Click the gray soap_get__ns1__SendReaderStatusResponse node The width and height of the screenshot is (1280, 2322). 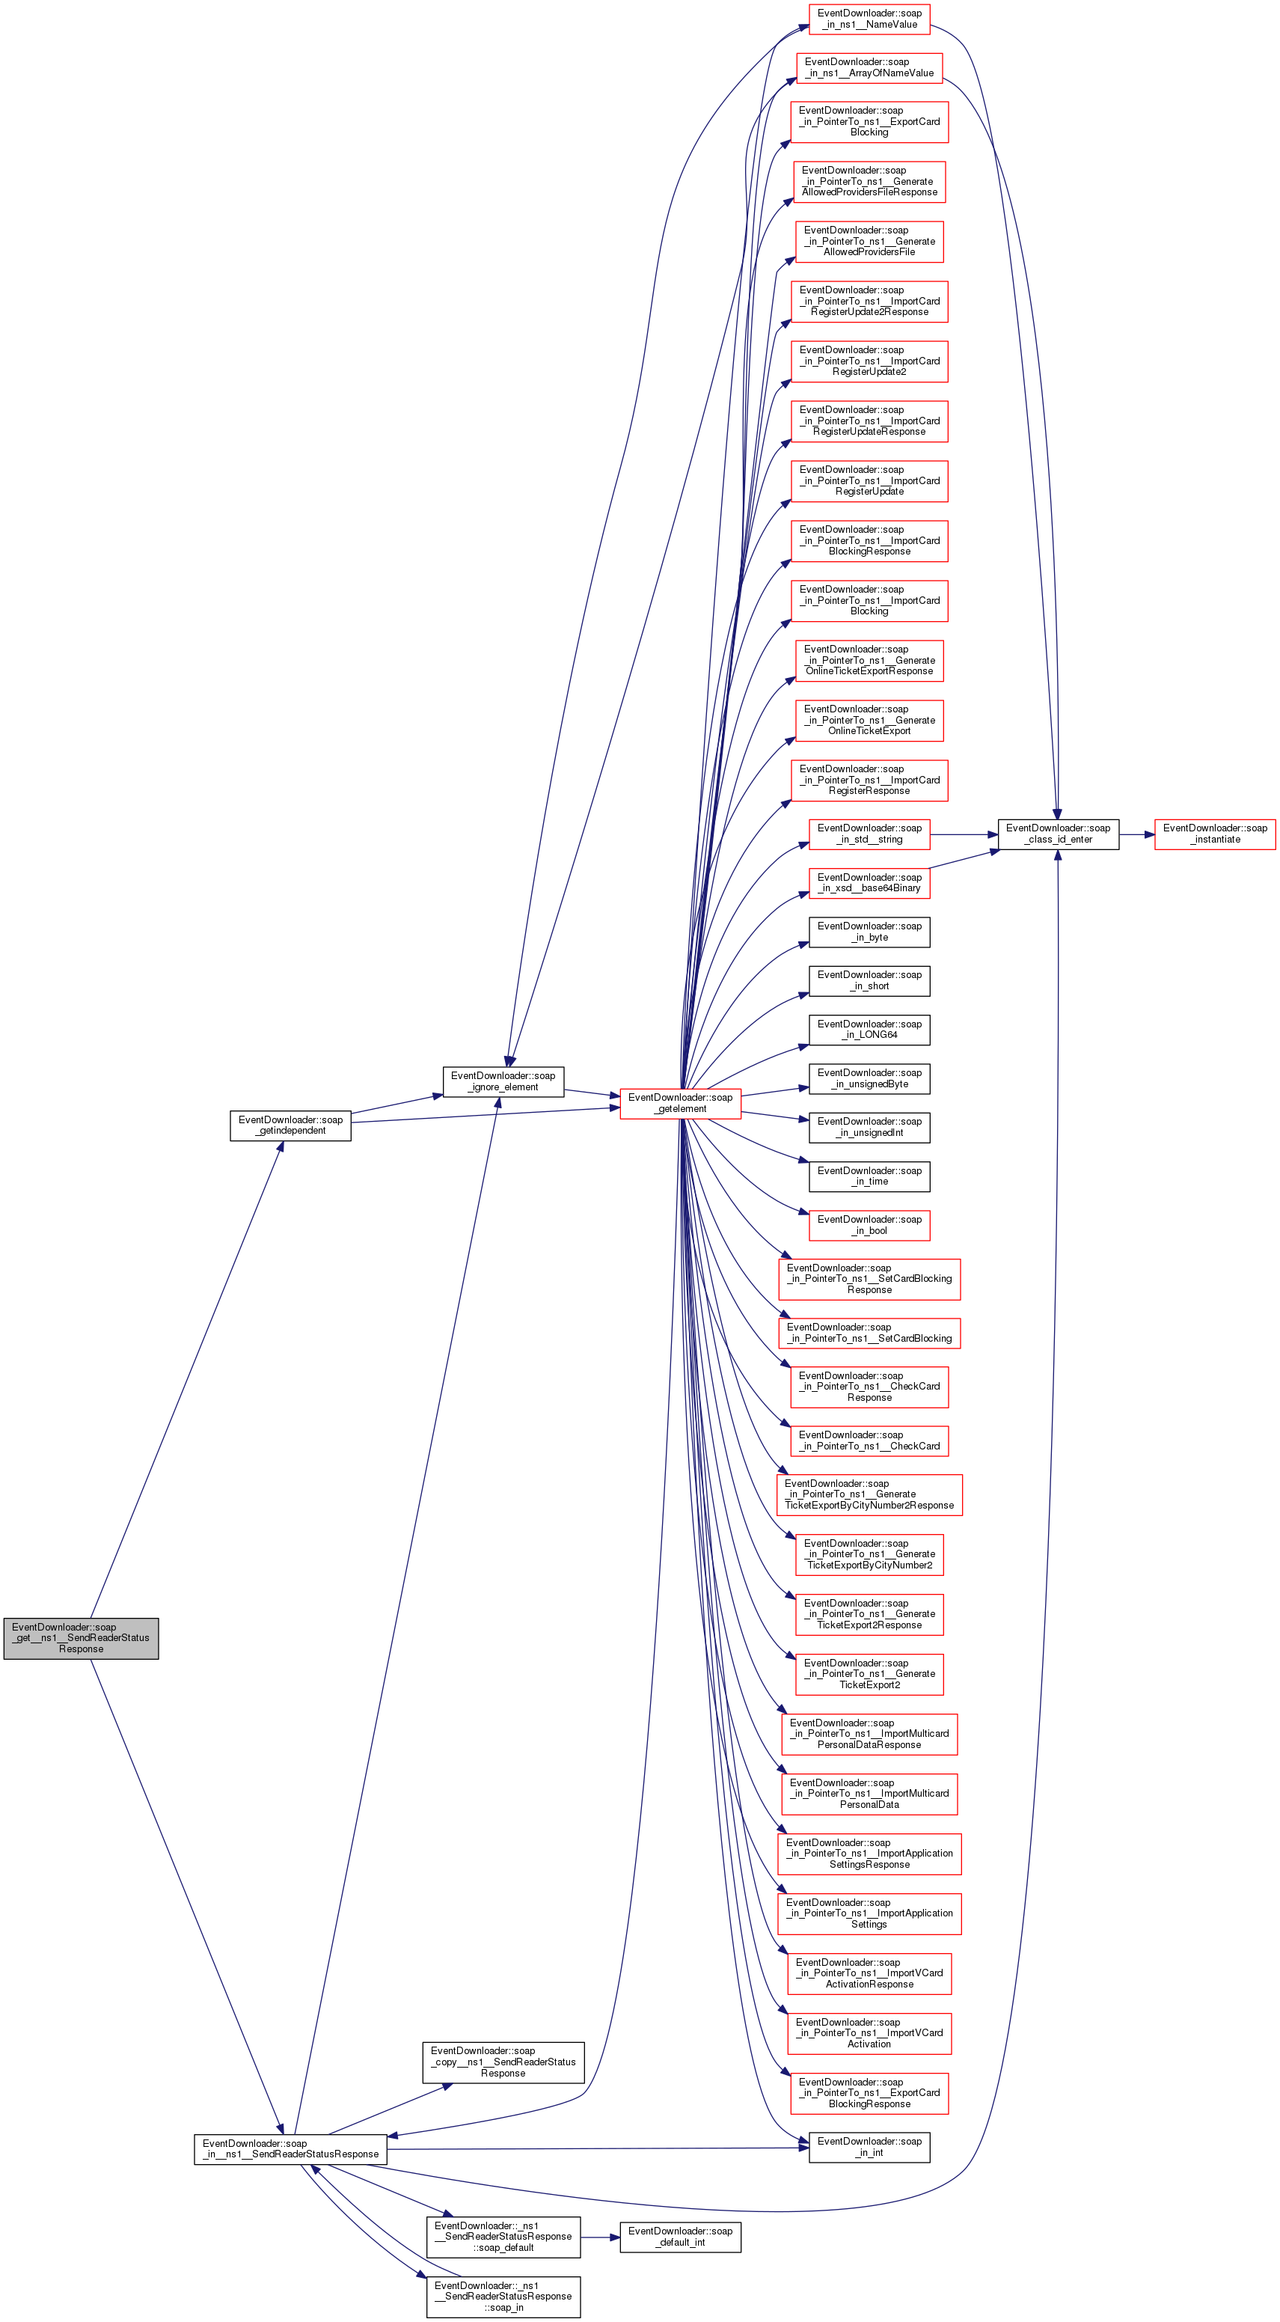(81, 1638)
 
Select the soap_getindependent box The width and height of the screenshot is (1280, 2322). (290, 1125)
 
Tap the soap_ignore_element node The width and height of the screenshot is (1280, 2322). (503, 1081)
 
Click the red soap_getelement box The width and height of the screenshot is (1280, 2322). (681, 1102)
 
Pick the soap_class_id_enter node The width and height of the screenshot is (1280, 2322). (1059, 834)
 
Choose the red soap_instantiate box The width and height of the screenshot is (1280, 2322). (1215, 834)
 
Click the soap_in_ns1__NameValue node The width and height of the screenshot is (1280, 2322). (869, 19)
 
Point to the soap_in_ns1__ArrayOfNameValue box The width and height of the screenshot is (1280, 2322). (869, 67)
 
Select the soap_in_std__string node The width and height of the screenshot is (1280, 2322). (869, 834)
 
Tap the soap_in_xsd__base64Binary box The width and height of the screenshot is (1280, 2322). (869, 882)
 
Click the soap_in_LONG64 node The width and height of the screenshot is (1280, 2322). (869, 1030)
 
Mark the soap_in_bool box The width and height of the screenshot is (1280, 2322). (869, 1225)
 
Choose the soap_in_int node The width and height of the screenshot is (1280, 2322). (869, 2146)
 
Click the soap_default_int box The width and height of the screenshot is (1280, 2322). (681, 2237)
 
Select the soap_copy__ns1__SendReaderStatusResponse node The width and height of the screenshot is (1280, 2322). (503, 2062)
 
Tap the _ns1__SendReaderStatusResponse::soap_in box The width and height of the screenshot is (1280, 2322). (503, 2296)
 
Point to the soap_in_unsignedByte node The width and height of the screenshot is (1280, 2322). (869, 1078)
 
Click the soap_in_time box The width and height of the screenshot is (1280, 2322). (869, 1176)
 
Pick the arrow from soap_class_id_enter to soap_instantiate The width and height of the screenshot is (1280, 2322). (1136, 834)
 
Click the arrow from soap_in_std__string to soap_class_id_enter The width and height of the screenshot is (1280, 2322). (964, 834)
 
